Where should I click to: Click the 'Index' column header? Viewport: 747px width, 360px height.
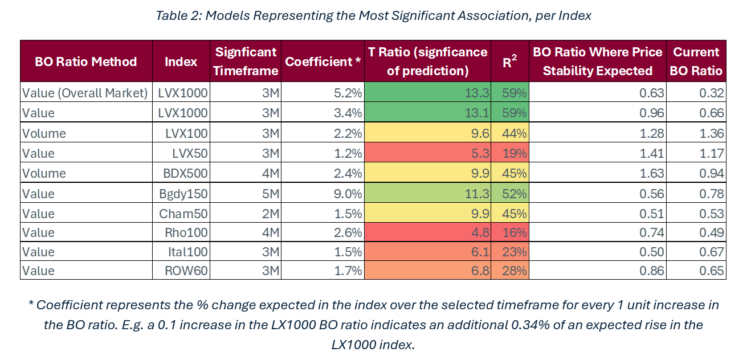[181, 62]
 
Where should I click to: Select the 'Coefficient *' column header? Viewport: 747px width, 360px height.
[323, 62]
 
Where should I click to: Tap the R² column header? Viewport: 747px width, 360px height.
[510, 62]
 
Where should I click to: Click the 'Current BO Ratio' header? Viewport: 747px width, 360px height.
[697, 62]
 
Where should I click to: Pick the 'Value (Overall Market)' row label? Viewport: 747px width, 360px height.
[85, 93]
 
